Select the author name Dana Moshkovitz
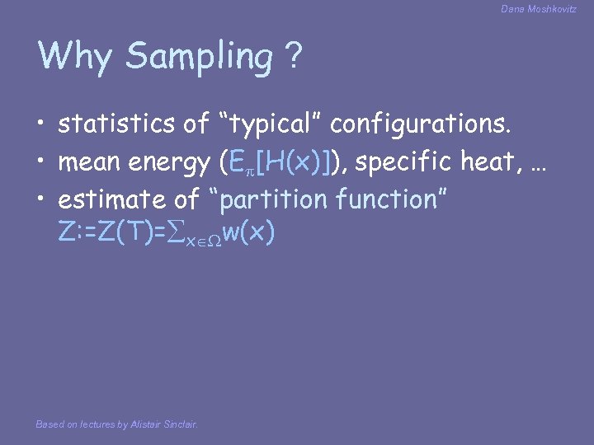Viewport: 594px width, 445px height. click(x=540, y=9)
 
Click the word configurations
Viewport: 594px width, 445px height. click(x=422, y=125)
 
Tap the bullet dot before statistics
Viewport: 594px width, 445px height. click(x=41, y=125)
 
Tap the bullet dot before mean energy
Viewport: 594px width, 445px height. click(x=41, y=162)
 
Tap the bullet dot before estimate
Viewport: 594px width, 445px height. click(x=41, y=199)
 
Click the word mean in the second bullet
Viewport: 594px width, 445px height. click(x=88, y=162)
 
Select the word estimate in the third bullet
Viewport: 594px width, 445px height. click(x=118, y=199)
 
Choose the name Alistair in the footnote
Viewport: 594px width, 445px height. click(x=147, y=424)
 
